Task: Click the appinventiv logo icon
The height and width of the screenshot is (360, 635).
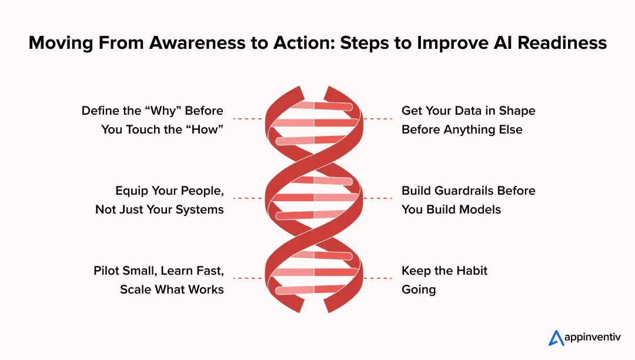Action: pyautogui.click(x=556, y=338)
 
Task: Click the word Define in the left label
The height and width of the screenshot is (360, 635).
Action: pyautogui.click(x=101, y=111)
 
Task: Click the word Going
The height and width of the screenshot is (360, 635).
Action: pyautogui.click(x=419, y=289)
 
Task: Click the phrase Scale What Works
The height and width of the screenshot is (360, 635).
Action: pyautogui.click(x=172, y=289)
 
